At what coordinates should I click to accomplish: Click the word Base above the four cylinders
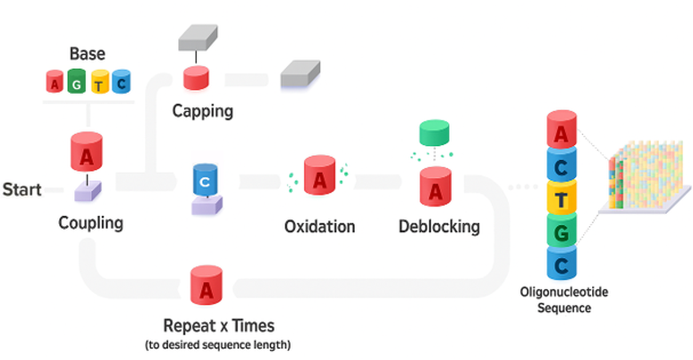point(87,54)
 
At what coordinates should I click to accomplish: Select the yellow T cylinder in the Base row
point(99,82)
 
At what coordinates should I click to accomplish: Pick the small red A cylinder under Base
point(54,82)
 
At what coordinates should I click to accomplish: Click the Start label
point(22,190)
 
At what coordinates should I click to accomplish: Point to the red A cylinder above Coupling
point(87,153)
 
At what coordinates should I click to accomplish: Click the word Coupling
point(91,222)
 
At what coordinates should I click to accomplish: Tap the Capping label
point(203,110)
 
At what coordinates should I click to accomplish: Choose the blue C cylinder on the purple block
point(205,180)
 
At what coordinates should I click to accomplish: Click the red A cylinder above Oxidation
point(319,176)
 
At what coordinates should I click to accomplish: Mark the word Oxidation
point(320,226)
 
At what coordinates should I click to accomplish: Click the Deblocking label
point(439,226)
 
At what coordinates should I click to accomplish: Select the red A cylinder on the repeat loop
point(206,286)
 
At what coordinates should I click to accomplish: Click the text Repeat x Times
point(218,326)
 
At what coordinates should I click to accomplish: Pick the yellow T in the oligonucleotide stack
point(563,198)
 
